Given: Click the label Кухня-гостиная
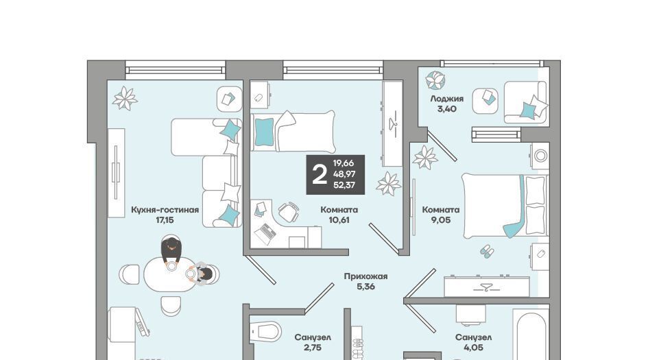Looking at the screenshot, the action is pyautogui.click(x=165, y=210).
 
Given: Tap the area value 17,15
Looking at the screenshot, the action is pyautogui.click(x=165, y=220).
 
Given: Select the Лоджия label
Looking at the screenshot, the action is pyautogui.click(x=446, y=99).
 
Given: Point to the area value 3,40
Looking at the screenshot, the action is pyautogui.click(x=446, y=109).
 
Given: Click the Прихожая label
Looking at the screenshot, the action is pyautogui.click(x=365, y=276).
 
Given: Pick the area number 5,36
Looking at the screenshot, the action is pyautogui.click(x=365, y=287).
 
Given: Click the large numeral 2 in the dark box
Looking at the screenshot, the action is pyautogui.click(x=320, y=174).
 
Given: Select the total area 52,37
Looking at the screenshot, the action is pyautogui.click(x=344, y=185).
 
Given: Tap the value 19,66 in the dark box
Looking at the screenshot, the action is pyautogui.click(x=344, y=163).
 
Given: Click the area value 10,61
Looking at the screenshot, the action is pyautogui.click(x=339, y=220).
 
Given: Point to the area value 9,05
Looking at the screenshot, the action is pyautogui.click(x=440, y=220).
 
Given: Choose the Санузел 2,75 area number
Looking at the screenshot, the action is pyautogui.click(x=313, y=348).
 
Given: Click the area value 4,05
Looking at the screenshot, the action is pyautogui.click(x=473, y=348).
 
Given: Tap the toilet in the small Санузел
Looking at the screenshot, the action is pyautogui.click(x=266, y=331).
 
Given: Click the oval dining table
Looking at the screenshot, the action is pyautogui.click(x=169, y=274).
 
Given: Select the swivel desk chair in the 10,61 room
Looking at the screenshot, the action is pyautogui.click(x=289, y=212).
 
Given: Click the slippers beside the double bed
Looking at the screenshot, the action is pyautogui.click(x=487, y=251).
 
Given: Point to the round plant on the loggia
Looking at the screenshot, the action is pyautogui.click(x=435, y=80).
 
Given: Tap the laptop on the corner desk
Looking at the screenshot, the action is pyautogui.click(x=265, y=234).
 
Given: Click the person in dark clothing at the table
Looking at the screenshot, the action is pyautogui.click(x=171, y=252).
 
